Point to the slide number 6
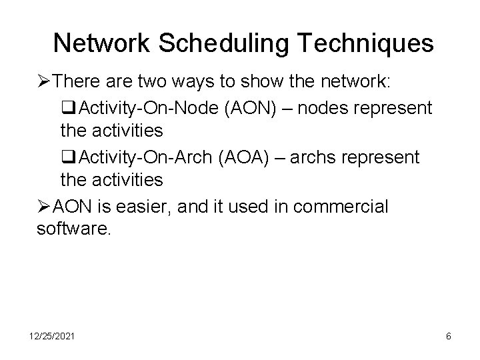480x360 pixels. click(x=449, y=337)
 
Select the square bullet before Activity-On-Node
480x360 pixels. click(x=67, y=107)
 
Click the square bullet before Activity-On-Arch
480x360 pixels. click(x=67, y=157)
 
